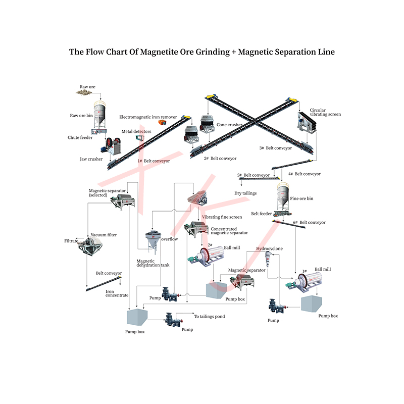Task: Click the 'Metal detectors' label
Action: point(136,131)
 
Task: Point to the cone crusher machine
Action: point(206,125)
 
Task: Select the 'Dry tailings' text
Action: point(245,193)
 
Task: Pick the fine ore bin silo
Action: point(283,197)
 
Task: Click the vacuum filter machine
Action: point(91,247)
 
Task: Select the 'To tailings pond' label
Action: point(210,317)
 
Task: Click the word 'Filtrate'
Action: point(71,241)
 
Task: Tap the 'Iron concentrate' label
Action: point(117,293)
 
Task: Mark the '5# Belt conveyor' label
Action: point(254,175)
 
